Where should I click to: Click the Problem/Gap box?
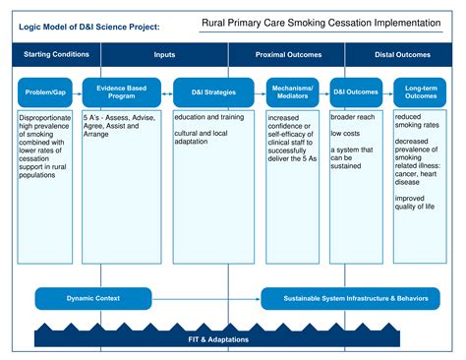point(46,92)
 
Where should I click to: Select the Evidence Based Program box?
point(122,92)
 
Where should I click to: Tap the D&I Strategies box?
point(205,92)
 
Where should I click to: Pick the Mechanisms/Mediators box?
point(292,92)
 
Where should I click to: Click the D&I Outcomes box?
point(355,92)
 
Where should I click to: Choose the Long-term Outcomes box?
point(422,92)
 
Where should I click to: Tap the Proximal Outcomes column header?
point(288,55)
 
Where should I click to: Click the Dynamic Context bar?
point(93,297)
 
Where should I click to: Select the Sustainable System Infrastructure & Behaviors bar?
point(349,297)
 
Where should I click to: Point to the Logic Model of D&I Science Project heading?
point(88,27)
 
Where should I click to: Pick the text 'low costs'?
point(346,133)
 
